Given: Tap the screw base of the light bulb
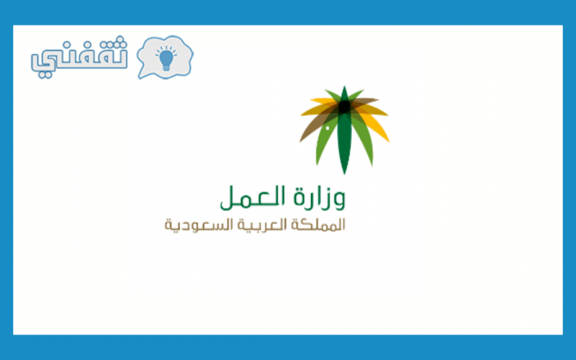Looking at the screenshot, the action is point(166,68).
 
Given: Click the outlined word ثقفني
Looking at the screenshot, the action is point(79,58).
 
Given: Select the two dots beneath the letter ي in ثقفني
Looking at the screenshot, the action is point(45,74).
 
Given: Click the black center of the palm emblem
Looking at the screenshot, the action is point(344,107).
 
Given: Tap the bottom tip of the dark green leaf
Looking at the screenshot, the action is point(344,173).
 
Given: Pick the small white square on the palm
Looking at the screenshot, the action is point(328,128).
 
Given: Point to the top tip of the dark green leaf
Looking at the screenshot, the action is point(344,87).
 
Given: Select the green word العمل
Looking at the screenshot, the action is point(253,197).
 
